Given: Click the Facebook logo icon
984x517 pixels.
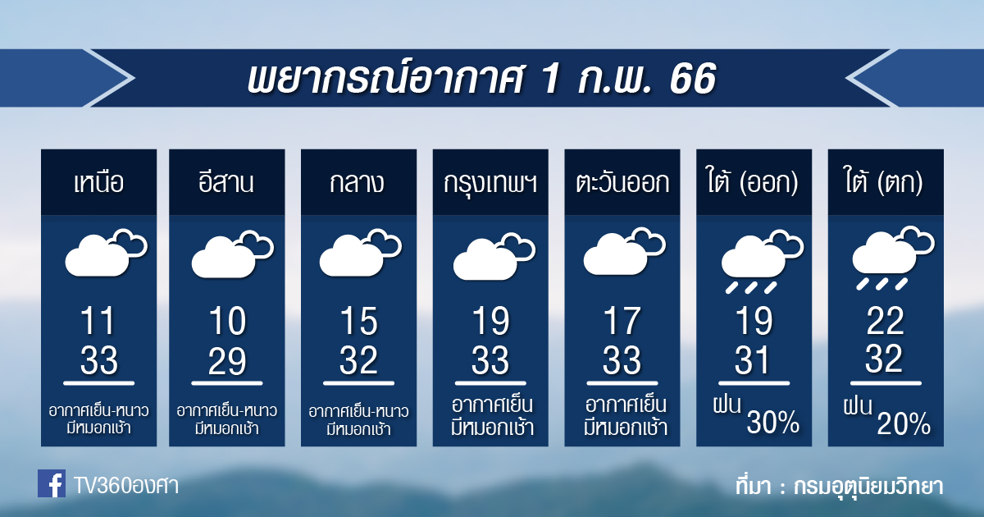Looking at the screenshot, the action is (x=52, y=483).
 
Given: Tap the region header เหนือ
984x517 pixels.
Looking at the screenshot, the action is (x=99, y=182).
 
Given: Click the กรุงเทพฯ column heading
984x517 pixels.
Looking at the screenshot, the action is (x=490, y=183).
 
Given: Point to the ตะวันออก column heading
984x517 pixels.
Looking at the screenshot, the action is (x=622, y=182).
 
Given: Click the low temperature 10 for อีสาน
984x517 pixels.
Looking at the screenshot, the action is (x=228, y=321).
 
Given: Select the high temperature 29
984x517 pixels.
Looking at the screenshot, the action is (x=226, y=361).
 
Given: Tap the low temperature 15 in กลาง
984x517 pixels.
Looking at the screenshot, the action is (x=359, y=321).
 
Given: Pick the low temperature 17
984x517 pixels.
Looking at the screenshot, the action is (x=622, y=321).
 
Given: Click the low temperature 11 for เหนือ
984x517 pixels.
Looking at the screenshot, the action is (x=98, y=321).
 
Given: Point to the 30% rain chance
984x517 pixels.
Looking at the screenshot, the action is (x=772, y=422).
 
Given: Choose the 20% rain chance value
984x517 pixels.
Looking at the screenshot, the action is (x=904, y=423).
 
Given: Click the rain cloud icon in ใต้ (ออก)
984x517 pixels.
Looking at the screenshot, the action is (x=761, y=262).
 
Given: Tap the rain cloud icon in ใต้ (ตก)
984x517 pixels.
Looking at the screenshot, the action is (x=893, y=258).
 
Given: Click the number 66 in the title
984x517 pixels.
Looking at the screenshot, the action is (x=693, y=79).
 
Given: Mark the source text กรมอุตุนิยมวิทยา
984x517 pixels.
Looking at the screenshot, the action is (x=868, y=487).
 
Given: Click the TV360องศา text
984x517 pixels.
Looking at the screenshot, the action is (x=125, y=486).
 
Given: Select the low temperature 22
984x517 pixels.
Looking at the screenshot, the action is (x=885, y=321).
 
